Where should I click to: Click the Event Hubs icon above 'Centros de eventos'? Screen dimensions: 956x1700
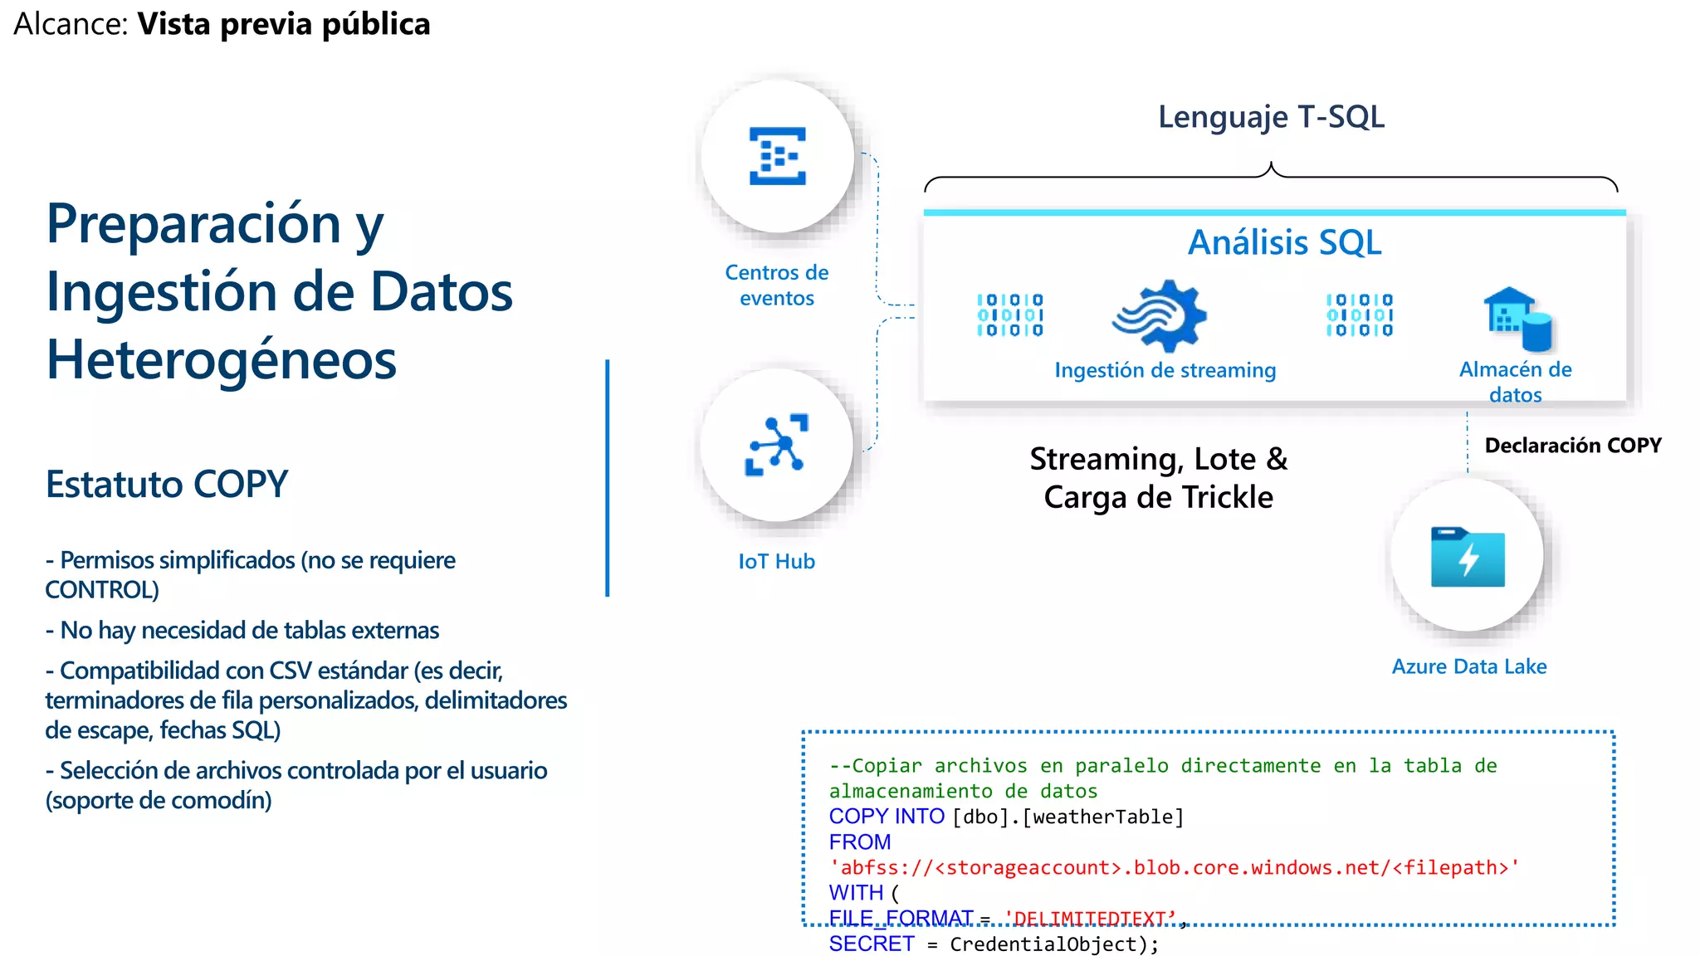777,155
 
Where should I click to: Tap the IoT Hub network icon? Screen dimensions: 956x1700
777,445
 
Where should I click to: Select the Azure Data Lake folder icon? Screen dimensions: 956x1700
1468,557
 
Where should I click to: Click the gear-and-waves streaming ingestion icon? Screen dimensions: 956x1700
1160,315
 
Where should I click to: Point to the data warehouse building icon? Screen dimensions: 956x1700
1517,319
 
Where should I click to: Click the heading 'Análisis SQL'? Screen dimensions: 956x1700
1284,242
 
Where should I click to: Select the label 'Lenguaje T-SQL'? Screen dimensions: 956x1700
1271,117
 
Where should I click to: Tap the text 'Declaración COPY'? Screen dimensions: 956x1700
1572,446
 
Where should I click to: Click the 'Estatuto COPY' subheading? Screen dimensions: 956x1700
167,484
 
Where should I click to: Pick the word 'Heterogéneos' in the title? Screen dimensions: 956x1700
222,359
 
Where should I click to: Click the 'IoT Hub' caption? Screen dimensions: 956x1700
776,562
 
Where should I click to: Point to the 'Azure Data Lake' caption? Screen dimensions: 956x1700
1468,666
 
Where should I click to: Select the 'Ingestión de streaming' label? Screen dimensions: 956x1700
1165,370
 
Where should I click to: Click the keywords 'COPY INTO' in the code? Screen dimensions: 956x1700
886,817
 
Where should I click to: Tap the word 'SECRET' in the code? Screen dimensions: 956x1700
871,944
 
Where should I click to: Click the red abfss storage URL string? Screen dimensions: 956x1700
1174,867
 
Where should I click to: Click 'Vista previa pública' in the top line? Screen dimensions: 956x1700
284,24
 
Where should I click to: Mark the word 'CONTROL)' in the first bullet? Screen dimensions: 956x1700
102,589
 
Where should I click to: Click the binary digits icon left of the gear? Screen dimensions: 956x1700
1009,315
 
